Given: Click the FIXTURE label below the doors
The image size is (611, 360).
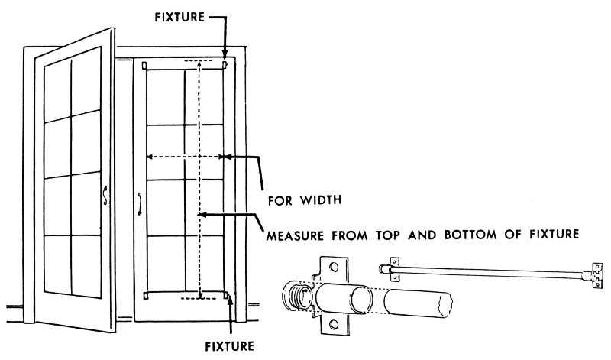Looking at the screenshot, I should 228,345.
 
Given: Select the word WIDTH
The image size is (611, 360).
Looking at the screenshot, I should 321,201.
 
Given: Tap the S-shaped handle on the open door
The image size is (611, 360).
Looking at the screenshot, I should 105,196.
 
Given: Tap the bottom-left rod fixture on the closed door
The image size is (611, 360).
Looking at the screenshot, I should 145,295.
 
